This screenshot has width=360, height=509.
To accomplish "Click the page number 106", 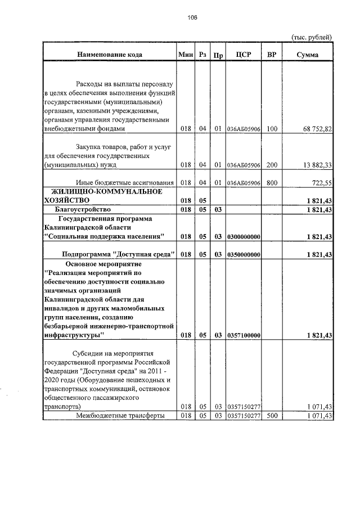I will (192, 18).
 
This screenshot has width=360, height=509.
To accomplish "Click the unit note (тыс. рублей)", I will (312, 37).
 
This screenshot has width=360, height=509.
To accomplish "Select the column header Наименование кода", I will (110, 55).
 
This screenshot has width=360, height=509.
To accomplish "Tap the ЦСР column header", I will (244, 55).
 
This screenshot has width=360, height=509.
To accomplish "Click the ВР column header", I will (272, 55).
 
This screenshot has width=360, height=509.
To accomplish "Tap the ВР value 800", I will (272, 183).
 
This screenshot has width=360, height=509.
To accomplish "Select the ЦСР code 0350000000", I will (244, 255).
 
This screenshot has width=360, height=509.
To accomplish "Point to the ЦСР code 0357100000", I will (244, 335).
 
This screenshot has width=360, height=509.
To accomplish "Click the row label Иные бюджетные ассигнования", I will (125, 183).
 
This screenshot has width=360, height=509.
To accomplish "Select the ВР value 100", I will (272, 129).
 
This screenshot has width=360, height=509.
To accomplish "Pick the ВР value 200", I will (272, 165).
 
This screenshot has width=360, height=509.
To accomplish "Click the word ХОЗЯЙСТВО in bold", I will (66, 200).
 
